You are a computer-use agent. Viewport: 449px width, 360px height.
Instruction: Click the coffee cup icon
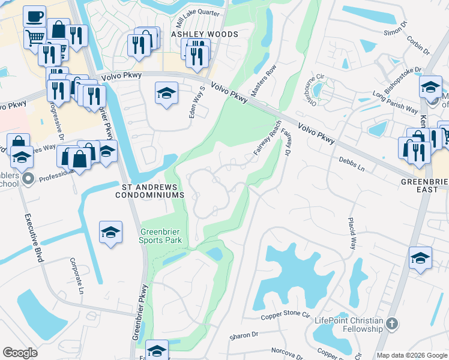point(34,16)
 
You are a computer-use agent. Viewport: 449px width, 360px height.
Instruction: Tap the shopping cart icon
point(34,37)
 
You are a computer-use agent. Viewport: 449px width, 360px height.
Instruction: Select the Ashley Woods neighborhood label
point(205,35)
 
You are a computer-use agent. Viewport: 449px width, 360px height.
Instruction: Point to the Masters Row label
point(263,81)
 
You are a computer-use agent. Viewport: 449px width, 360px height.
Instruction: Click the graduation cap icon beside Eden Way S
point(166,93)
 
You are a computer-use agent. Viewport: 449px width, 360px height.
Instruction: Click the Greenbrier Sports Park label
point(160,236)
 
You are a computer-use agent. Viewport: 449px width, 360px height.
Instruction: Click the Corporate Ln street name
point(76,275)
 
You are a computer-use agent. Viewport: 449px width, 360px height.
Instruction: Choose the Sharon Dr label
point(246,334)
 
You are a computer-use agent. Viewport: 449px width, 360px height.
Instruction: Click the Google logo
point(20,353)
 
